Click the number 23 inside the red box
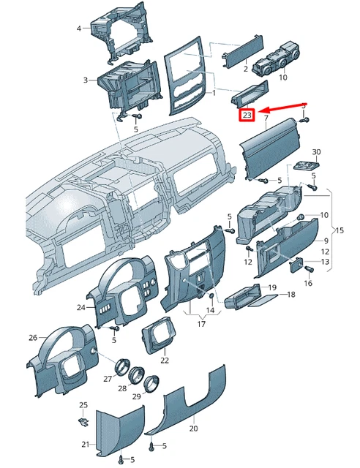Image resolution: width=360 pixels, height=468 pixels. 247,116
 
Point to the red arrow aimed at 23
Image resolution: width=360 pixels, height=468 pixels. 282,108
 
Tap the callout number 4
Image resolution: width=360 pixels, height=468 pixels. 79,28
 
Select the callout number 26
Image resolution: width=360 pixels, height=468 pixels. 32,337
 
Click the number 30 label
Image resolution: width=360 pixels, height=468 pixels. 316,151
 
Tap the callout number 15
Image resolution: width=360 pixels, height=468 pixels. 339,230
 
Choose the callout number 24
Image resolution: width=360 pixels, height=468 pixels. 80,307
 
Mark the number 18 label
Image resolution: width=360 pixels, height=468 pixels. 290,294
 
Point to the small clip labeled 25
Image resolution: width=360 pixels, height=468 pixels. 83,420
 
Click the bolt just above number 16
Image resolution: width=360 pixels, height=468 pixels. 308,271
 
